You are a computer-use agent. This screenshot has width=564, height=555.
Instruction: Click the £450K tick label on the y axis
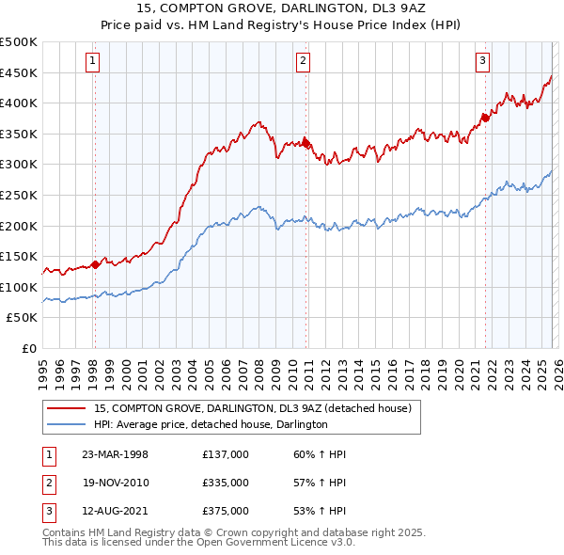click(x=19, y=72)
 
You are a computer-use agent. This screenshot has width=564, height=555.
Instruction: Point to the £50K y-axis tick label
click(x=23, y=318)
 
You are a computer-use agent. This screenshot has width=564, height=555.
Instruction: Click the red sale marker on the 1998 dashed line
click(x=95, y=264)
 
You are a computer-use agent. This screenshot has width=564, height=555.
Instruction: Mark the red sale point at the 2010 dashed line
click(x=305, y=143)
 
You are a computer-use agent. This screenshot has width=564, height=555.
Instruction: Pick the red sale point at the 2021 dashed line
click(x=485, y=119)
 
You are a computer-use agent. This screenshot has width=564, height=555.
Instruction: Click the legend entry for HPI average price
click(x=211, y=425)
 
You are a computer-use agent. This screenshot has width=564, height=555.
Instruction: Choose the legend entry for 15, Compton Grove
click(x=252, y=408)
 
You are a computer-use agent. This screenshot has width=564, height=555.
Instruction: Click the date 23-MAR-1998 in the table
click(x=115, y=454)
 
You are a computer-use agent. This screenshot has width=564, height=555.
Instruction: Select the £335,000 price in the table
click(x=226, y=483)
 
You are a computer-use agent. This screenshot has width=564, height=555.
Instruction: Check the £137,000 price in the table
click(x=226, y=454)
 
